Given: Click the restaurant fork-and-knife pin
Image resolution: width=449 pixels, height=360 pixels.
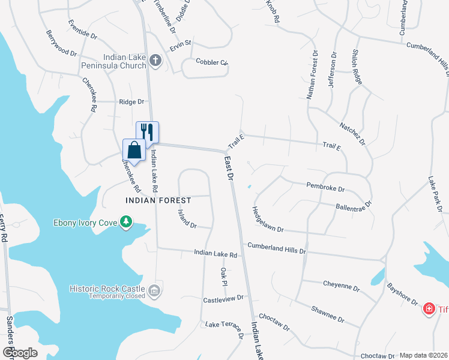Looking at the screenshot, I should (148, 132).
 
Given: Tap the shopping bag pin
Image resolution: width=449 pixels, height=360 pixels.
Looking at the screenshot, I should (134, 150).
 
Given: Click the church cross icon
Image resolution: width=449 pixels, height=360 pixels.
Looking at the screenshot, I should (155, 61).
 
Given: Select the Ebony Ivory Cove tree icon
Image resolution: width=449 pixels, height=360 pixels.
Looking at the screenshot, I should (126, 223).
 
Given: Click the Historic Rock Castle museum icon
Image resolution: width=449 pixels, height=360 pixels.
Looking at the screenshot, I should (155, 291).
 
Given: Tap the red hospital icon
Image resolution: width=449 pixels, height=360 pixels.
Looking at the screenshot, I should (429, 310).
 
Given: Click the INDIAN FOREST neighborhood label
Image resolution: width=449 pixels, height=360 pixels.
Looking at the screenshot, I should (158, 200).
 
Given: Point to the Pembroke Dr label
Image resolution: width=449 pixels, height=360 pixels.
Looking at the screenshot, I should (325, 188).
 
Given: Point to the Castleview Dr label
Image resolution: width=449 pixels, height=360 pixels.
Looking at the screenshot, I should (223, 298).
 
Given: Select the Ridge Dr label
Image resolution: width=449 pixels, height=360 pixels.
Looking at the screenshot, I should (132, 102).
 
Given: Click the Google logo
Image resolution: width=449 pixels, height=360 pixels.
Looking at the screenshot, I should (19, 353).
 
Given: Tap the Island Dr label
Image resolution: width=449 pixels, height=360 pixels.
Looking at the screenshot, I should (187, 218).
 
